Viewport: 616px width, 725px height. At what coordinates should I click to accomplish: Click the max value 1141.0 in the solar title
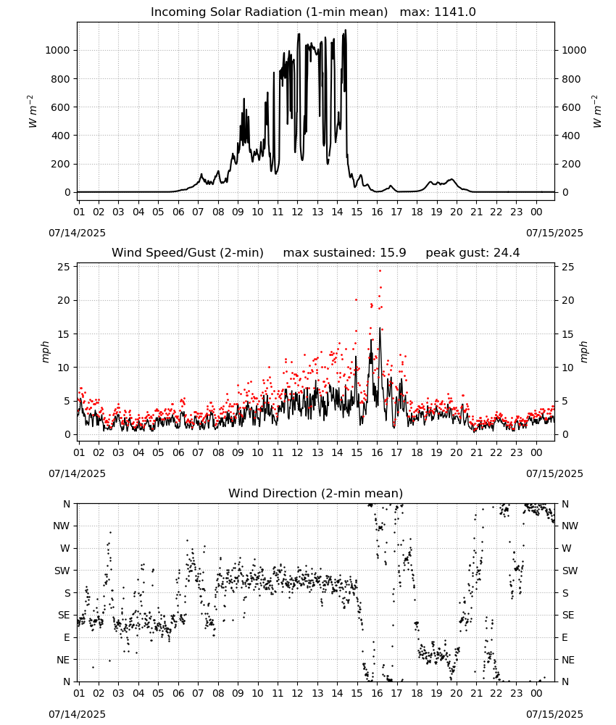454,12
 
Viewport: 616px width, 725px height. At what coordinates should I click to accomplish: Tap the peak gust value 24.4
507,253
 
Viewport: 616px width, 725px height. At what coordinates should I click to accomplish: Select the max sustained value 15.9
393,253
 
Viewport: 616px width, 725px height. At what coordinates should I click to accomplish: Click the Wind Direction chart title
316,493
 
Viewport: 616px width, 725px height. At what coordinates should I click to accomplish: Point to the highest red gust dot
380,270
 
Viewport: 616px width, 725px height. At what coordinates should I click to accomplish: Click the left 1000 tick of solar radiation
58,51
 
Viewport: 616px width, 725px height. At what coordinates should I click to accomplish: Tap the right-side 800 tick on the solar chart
571,79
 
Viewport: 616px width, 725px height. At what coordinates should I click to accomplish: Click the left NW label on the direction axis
62,526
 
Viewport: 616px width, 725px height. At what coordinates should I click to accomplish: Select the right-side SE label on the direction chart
568,616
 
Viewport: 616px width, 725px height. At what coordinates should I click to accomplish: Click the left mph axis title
45,352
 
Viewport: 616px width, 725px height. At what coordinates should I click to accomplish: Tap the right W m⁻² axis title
596,112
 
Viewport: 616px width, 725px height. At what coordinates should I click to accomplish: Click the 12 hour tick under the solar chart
297,212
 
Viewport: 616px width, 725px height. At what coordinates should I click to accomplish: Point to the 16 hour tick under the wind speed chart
377,452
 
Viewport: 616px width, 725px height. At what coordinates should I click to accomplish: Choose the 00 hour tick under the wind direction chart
536,694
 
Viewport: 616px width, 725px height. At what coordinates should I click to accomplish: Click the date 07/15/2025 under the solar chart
554,233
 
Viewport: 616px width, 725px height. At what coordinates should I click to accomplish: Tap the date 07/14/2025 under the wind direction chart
77,714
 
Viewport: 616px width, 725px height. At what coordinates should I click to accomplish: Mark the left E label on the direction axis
67,637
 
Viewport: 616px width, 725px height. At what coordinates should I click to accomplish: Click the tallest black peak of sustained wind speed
380,328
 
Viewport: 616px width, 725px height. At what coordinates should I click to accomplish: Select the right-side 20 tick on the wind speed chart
568,301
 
